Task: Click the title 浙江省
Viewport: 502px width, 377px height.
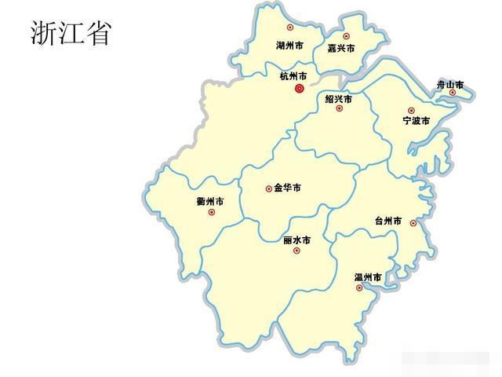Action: [x=71, y=32]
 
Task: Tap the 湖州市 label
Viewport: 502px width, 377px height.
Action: [x=290, y=46]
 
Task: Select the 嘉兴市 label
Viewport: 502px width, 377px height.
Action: [x=341, y=49]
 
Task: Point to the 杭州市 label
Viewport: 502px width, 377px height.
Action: [x=293, y=76]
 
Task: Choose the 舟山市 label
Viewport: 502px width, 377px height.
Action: [x=450, y=84]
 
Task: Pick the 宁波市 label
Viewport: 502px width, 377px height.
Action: [x=416, y=121]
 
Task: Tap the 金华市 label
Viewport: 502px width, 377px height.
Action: [x=287, y=188]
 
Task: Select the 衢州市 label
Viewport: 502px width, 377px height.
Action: [x=210, y=202]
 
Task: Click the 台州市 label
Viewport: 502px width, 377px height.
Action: [x=388, y=222]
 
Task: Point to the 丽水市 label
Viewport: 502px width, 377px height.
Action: [x=296, y=240]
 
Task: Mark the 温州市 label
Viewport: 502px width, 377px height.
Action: [x=368, y=277]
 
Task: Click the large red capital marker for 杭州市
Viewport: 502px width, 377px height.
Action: [x=299, y=90]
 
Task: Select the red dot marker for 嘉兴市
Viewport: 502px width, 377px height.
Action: [x=346, y=35]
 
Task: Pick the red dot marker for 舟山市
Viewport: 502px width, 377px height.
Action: [x=453, y=93]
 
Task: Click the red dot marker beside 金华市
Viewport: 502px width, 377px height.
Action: [x=268, y=188]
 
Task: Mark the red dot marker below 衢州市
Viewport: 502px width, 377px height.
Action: [x=212, y=212]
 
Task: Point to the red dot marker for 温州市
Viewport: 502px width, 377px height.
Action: [x=359, y=288]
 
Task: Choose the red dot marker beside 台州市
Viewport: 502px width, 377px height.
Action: [x=413, y=223]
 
